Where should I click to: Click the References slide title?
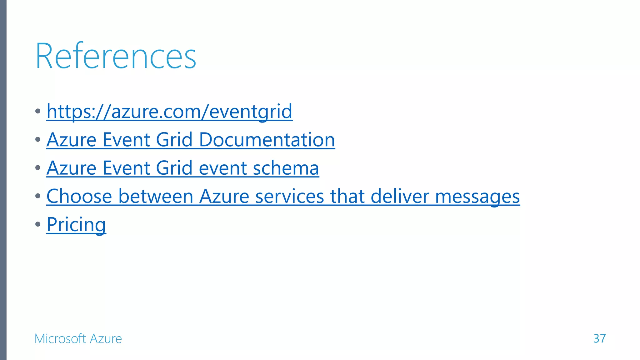point(116,57)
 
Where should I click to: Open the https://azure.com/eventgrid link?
point(169,112)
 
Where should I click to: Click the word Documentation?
point(267,140)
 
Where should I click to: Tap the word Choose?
point(79,197)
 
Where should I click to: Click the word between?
point(156,197)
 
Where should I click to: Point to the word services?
point(289,197)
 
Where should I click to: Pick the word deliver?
point(399,197)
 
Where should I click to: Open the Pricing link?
point(76,225)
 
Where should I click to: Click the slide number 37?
point(599,338)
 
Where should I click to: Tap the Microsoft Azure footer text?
point(78,339)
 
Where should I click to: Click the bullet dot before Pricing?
point(38,224)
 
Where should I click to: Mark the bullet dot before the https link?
point(38,111)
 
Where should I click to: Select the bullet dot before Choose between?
point(38,196)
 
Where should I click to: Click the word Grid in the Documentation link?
point(174,140)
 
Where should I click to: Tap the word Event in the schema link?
point(126,168)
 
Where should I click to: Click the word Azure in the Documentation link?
point(71,140)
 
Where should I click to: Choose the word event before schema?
point(223,168)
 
